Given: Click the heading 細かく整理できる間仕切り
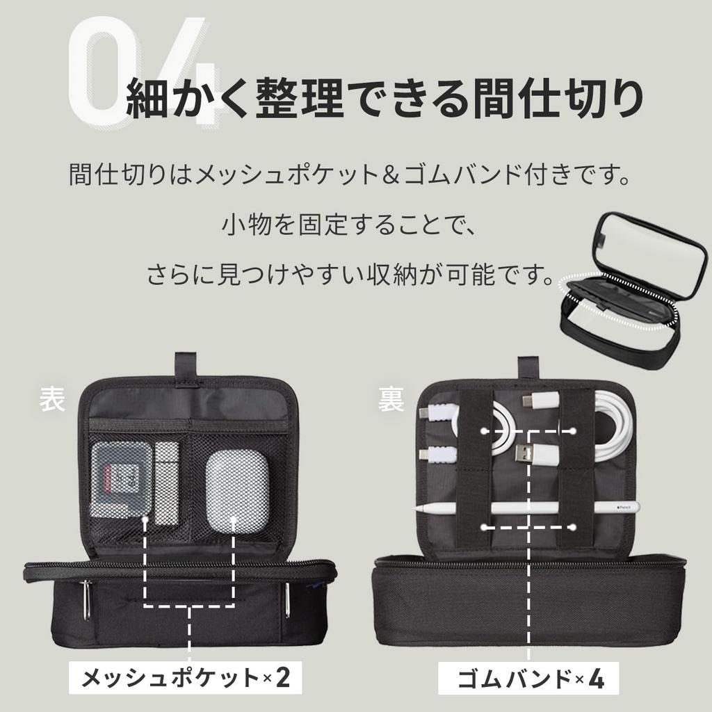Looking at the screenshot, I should tap(383, 99).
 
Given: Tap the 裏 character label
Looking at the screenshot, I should tap(391, 402).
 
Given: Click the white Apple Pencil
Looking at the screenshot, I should tap(528, 508).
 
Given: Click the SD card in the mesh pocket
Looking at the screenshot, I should tap(118, 480).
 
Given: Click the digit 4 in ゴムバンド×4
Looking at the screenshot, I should tap(595, 678).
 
